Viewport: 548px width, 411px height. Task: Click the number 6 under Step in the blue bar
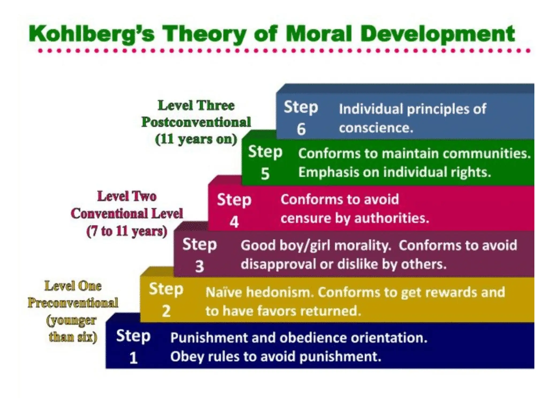301,129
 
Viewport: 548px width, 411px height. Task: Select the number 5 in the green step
265,174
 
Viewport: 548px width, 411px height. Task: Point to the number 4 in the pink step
234,222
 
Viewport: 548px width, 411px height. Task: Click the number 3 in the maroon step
199,267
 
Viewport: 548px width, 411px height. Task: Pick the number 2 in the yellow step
166,311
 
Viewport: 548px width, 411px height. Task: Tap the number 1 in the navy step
133,358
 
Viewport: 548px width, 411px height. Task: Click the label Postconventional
196,122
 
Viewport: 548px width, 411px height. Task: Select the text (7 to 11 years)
127,231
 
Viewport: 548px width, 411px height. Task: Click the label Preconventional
73,303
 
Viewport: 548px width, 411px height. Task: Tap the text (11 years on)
196,139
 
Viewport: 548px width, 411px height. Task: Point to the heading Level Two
127,196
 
